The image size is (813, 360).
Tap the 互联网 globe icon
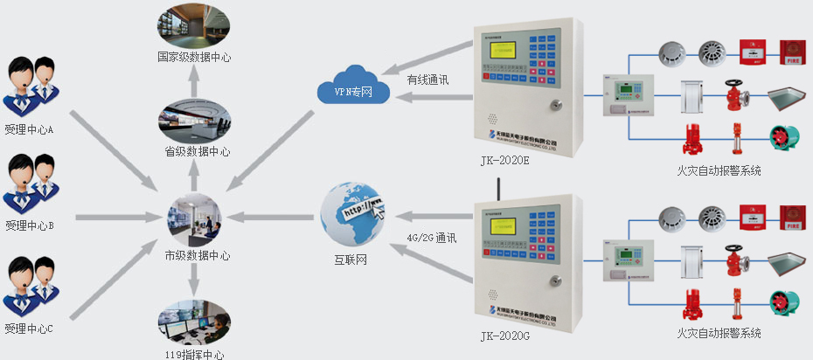coord(352,214)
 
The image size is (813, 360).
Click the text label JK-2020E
coord(506,159)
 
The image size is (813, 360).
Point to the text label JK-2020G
coord(504,336)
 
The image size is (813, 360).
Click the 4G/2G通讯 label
coord(432,237)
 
